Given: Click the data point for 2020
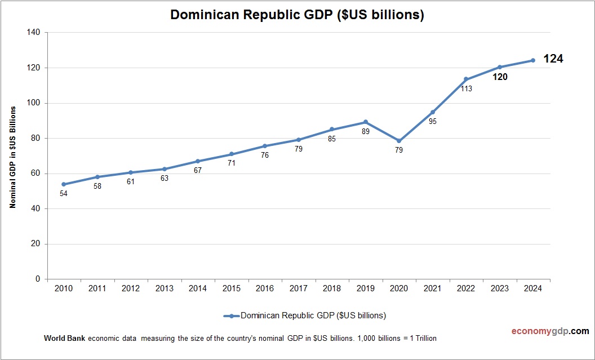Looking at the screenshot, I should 399,141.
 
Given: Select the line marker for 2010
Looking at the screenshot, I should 64,184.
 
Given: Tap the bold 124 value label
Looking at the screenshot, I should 553,59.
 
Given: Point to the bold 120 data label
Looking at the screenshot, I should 499,77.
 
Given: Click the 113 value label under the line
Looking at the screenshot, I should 466,88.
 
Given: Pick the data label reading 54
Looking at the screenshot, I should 64,194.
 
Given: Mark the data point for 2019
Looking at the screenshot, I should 366,122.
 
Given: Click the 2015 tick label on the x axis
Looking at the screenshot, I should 231,288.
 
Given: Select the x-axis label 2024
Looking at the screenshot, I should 532,288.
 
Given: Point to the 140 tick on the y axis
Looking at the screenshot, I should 34,33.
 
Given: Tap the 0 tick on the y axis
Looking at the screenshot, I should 38,279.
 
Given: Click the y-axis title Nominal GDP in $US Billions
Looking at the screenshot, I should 12,157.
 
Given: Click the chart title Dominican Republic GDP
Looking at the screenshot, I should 297,15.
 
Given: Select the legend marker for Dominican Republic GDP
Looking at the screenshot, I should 232,315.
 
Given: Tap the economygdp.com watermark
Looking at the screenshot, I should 542,331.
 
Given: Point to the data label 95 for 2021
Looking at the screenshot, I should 433,121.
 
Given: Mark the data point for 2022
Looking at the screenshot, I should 466,79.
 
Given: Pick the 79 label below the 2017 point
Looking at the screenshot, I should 299,149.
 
